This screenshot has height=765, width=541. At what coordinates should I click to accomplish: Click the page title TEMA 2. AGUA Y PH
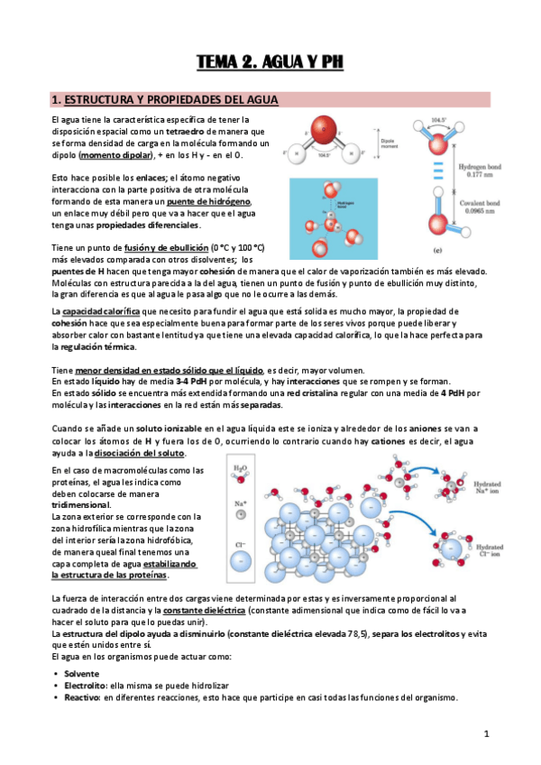pos(270,62)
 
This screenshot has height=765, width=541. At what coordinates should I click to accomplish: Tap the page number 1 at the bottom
pos(485,734)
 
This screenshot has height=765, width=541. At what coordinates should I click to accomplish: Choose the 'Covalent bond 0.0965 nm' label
pos(485,214)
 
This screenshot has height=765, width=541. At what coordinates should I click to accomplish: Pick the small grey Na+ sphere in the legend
pos(238,515)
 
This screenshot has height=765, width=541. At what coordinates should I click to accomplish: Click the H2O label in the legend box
pos(238,469)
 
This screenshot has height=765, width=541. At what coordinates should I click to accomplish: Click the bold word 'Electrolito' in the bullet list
pos(85,686)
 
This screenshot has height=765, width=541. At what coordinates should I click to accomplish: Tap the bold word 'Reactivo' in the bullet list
pos(81,697)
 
